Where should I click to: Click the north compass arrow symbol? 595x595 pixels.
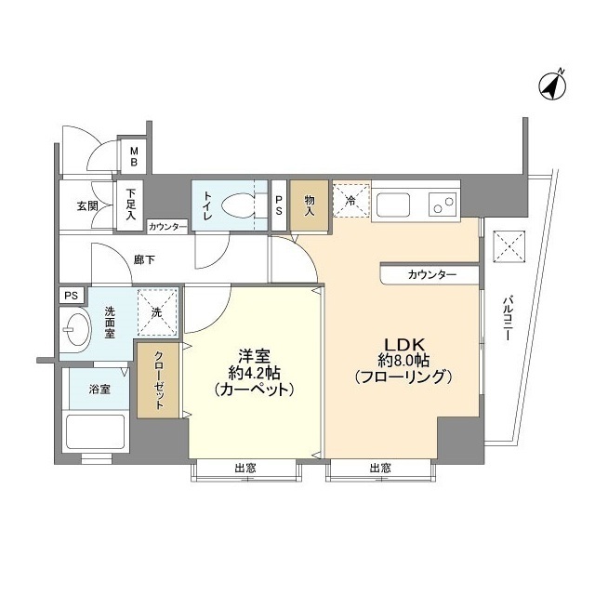click(x=551, y=86)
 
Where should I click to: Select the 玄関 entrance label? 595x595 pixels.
click(x=87, y=205)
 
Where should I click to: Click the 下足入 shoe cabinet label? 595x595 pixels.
click(x=131, y=205)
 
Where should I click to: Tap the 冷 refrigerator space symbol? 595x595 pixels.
click(x=351, y=201)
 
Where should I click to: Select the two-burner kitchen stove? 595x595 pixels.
click(x=442, y=203)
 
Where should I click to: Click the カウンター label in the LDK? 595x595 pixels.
click(x=431, y=275)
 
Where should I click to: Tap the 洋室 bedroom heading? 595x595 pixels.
click(x=254, y=356)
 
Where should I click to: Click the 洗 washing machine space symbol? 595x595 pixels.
click(x=156, y=311)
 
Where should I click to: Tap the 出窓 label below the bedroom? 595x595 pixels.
click(x=245, y=468)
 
